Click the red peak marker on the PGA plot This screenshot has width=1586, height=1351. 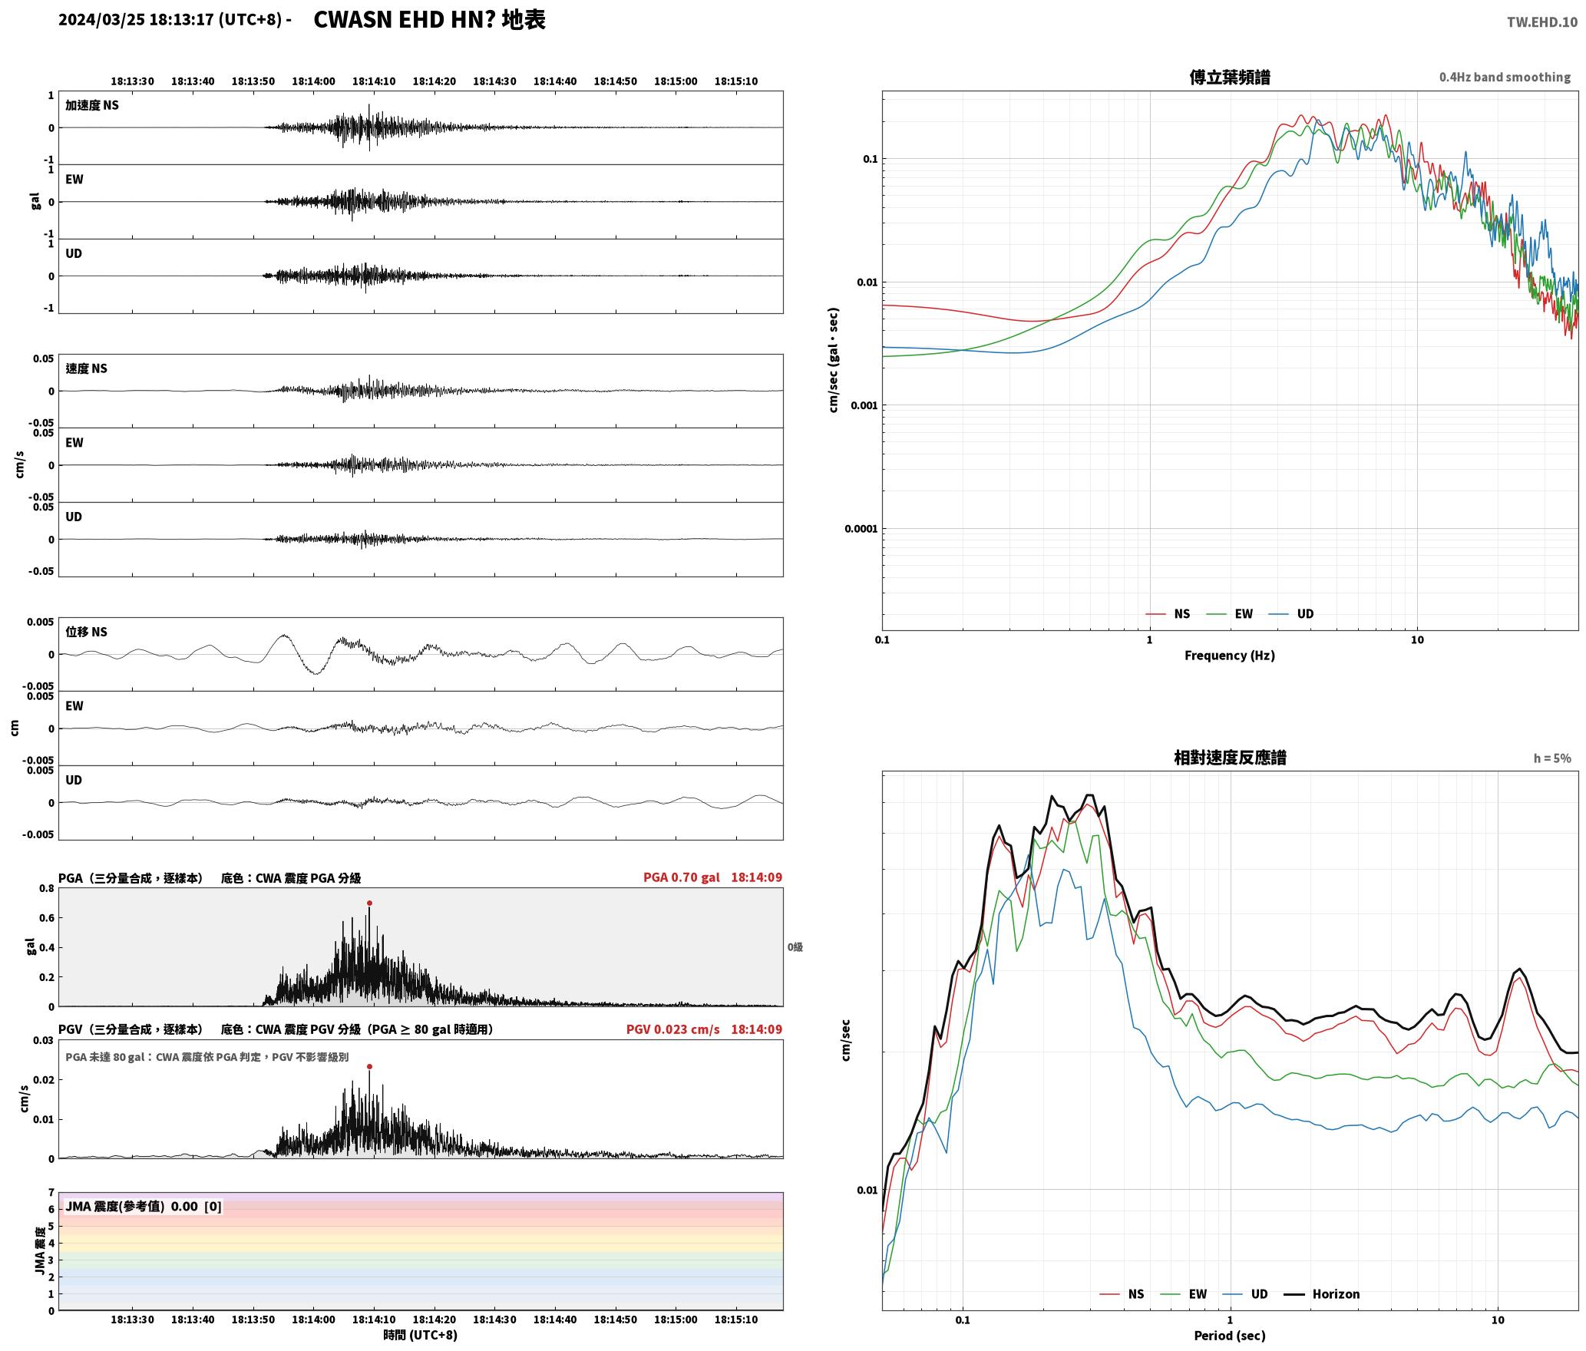369,903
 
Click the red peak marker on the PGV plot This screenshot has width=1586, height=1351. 369,1066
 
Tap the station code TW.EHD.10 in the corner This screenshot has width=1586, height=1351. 1542,21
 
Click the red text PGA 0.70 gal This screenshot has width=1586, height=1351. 682,877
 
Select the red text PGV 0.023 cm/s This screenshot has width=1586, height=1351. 673,1029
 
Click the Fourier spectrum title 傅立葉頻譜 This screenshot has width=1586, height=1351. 1230,78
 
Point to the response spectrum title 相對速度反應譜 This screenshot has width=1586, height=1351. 1230,758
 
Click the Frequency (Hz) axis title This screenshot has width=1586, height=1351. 1230,656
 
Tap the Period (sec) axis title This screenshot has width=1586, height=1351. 1230,1336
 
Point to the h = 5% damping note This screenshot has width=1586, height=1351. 1552,758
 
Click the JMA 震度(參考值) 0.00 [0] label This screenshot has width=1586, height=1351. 144,1207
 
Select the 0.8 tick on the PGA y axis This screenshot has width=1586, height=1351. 46,889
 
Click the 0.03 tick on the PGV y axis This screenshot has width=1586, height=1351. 43,1041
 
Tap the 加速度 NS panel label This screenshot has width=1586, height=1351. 92,105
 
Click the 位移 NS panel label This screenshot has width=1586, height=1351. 87,632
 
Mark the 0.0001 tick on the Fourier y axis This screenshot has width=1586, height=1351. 861,529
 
